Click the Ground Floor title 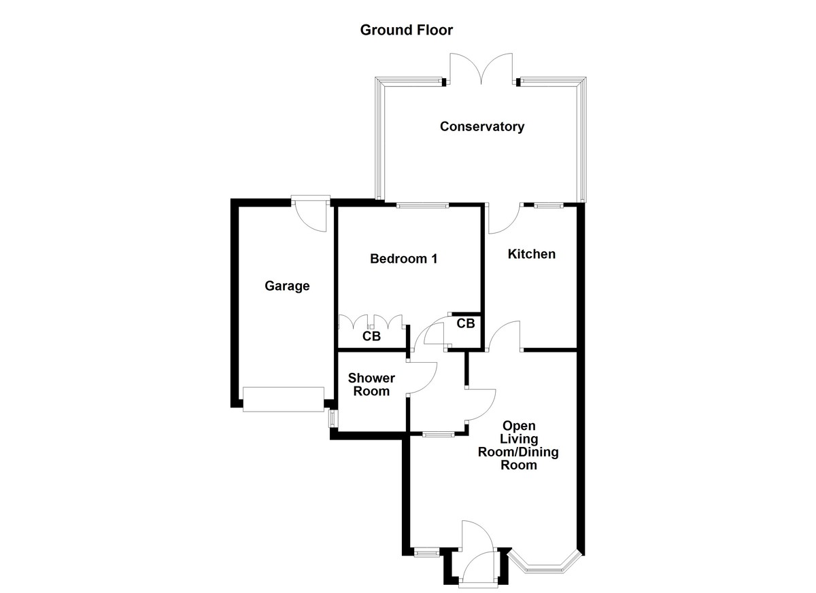(x=406, y=30)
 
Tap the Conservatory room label (x=481, y=126)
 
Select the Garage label (x=287, y=286)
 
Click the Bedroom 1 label (x=403, y=259)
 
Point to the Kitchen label (x=532, y=254)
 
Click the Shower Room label (x=371, y=384)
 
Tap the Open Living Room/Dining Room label (x=519, y=446)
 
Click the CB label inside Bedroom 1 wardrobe (x=371, y=336)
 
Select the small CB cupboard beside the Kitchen (x=465, y=324)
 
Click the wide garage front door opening (x=284, y=399)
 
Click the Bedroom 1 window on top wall (x=423, y=205)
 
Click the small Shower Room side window (x=333, y=417)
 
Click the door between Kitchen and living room (x=505, y=338)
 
